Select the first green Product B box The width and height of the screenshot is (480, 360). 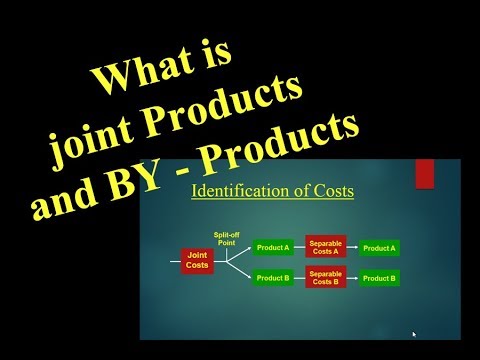(x=273, y=277)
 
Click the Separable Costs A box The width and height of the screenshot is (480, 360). (x=325, y=248)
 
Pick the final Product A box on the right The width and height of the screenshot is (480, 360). (x=380, y=248)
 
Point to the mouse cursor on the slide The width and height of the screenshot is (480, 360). (x=413, y=334)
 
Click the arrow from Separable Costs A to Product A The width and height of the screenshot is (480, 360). (x=352, y=248)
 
